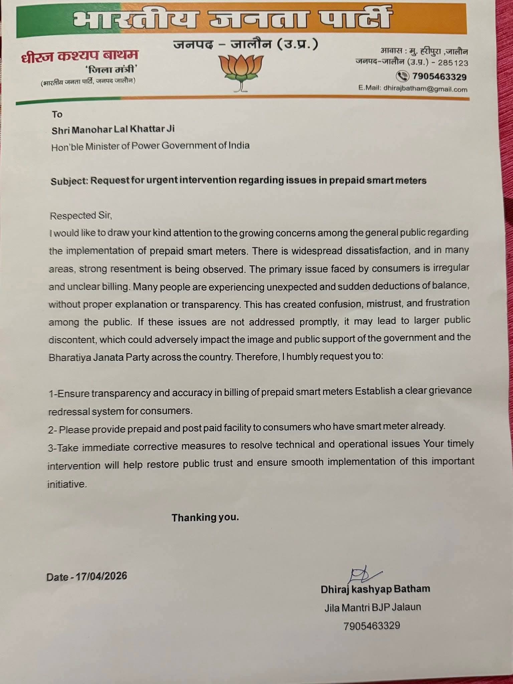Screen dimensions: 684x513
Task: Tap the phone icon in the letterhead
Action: pos(402,76)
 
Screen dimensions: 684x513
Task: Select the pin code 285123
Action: pos(453,63)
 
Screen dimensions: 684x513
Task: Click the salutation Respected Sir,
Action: pos(81,216)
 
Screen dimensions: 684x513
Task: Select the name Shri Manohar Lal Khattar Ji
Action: pos(113,130)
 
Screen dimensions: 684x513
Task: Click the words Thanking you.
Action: pos(205,517)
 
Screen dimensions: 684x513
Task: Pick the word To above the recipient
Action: pos(57,115)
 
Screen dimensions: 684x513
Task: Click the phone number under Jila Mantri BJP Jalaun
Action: pos(371,626)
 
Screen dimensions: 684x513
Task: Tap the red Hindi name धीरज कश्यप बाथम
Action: pos(79,56)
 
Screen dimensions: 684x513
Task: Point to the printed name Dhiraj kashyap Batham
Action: pos(375,589)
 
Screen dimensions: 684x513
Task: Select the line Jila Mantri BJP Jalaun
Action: pos(372,607)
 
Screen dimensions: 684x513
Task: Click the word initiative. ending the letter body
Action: pos(67,484)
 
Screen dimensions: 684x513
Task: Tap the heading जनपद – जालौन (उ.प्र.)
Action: pos(245,44)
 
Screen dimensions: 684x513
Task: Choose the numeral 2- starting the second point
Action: pos(53,430)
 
